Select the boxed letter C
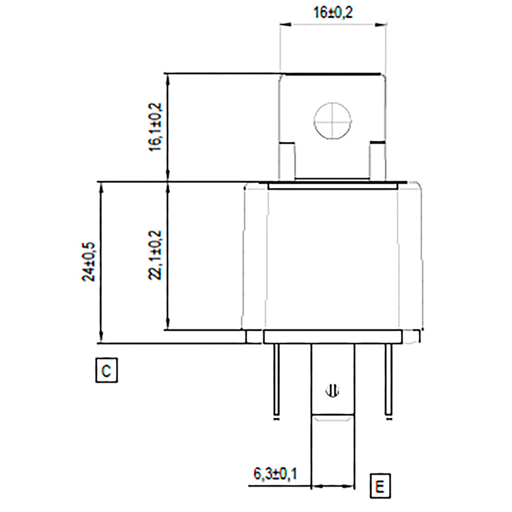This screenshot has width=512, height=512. [x=106, y=370]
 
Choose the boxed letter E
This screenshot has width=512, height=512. [x=379, y=485]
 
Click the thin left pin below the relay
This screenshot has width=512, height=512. [x=276, y=379]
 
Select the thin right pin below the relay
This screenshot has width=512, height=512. [x=389, y=379]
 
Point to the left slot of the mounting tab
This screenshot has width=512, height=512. [x=287, y=161]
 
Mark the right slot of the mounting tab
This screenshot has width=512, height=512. [x=376, y=161]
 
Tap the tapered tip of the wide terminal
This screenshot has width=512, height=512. [x=333, y=419]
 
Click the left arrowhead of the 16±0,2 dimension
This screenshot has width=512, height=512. [x=283, y=24]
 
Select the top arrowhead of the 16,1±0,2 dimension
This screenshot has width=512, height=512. [x=167, y=77]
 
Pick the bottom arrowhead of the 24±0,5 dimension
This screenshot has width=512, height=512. [x=101, y=339]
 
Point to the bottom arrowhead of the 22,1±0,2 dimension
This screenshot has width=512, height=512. [x=167, y=326]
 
